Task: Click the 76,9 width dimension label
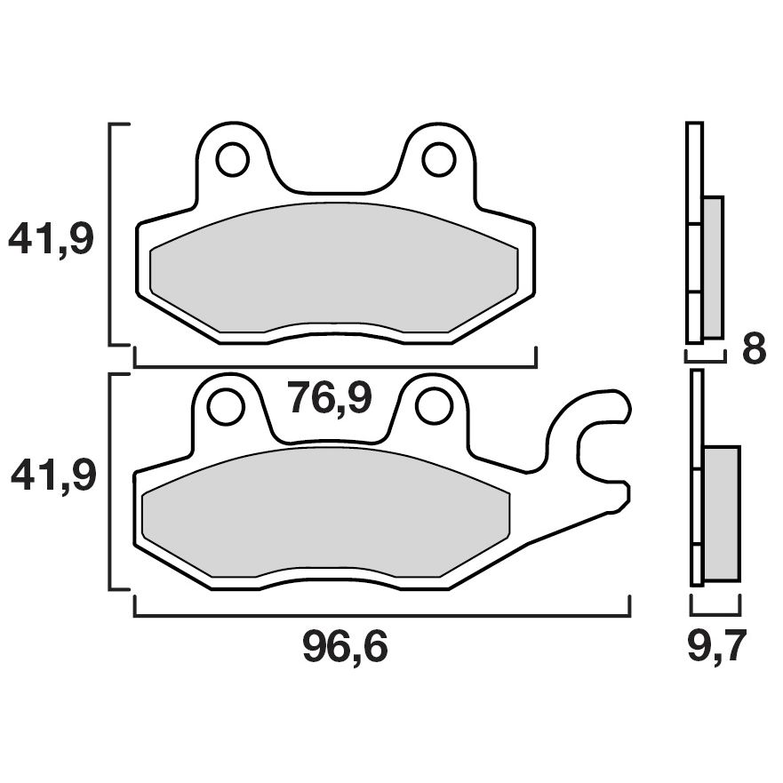(x=330, y=401)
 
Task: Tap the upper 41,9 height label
(x=51, y=239)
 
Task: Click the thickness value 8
(x=754, y=349)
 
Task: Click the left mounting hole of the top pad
(x=231, y=160)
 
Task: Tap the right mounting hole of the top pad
(x=437, y=160)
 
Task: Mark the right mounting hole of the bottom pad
(x=433, y=407)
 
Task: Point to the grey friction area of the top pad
(x=334, y=271)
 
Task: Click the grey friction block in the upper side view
(x=713, y=267)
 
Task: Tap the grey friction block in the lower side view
(x=721, y=513)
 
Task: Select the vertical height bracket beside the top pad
(x=110, y=234)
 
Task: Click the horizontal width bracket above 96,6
(x=381, y=615)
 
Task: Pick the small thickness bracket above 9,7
(x=715, y=613)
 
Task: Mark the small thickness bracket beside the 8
(x=705, y=360)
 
